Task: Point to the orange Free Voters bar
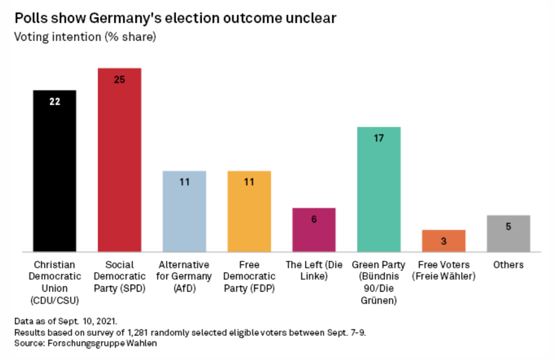tap(443, 241)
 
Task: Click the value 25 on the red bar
tap(119, 79)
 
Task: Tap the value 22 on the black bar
tap(55, 101)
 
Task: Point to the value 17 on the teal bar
tap(378, 138)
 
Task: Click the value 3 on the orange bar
tap(443, 241)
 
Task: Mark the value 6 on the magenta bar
tap(314, 220)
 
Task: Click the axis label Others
tap(508, 265)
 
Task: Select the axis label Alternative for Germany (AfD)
tap(184, 277)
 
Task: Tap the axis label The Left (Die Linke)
tap(314, 271)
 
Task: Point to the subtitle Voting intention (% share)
tap(85, 37)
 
